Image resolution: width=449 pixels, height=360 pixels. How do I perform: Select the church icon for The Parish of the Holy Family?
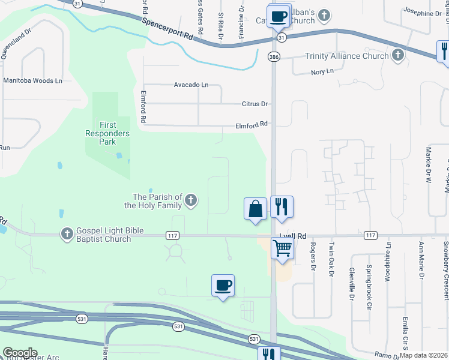pyautogui.click(x=191, y=200)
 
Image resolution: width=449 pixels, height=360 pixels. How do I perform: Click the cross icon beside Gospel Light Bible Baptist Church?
pyautogui.click(x=67, y=233)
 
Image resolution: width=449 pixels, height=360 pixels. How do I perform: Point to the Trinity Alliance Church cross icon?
pyautogui.click(x=397, y=56)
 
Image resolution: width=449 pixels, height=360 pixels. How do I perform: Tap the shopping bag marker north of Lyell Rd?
pyautogui.click(x=256, y=209)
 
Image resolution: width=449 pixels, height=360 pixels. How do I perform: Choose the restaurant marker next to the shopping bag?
pyautogui.click(x=282, y=206)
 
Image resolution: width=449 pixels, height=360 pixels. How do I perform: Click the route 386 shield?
pyautogui.click(x=274, y=56)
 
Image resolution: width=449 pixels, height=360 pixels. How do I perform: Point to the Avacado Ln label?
pyautogui.click(x=191, y=85)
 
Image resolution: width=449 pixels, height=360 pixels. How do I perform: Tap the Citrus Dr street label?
pyautogui.click(x=255, y=104)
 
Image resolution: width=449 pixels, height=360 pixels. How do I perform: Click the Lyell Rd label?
pyautogui.click(x=294, y=236)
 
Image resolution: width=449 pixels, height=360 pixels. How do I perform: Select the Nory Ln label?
pyautogui.click(x=322, y=71)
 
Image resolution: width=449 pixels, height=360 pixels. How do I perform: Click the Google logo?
pyautogui.click(x=20, y=353)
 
